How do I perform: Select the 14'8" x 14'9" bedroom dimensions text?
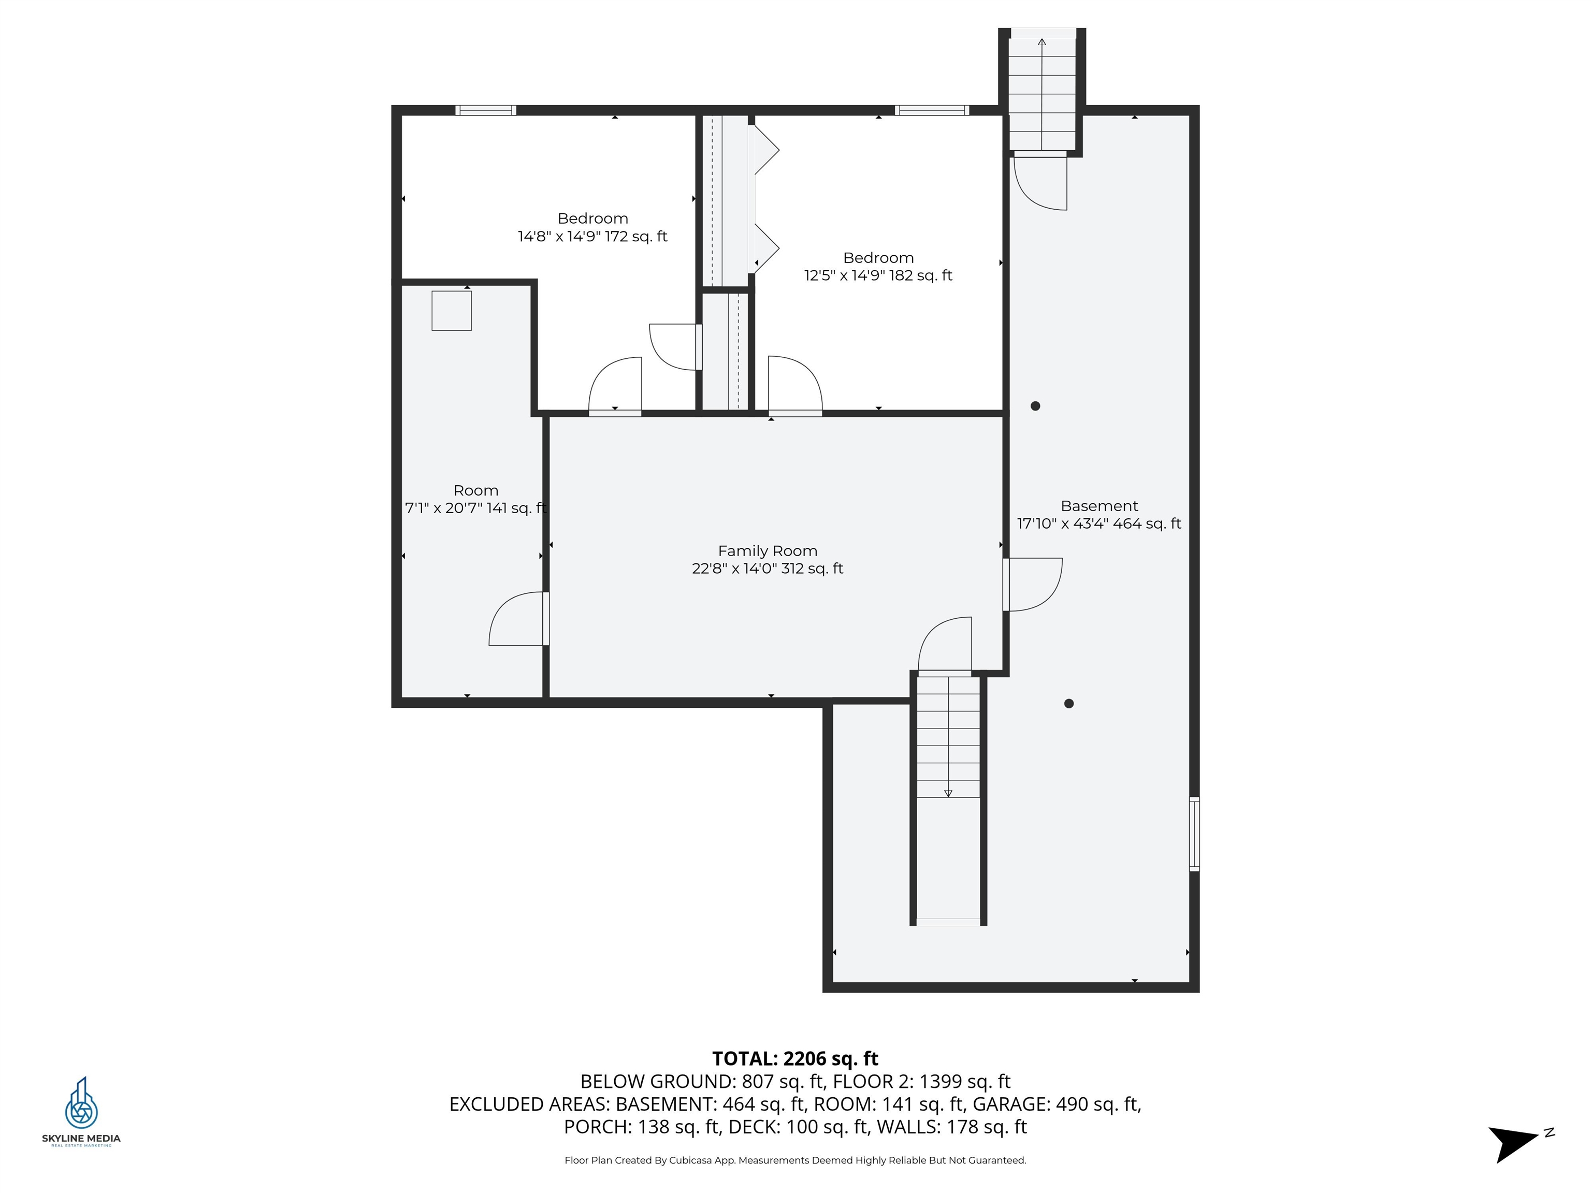[592, 236]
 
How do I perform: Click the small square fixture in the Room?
[451, 311]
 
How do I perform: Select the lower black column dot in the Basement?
[1069, 703]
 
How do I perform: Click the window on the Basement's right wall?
[1194, 834]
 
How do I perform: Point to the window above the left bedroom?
[485, 110]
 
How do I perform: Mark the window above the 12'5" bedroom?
[931, 110]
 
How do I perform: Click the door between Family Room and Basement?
[1032, 584]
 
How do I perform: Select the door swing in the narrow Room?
[518, 618]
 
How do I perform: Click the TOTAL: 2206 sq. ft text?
[795, 1058]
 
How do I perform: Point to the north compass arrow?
[1513, 1143]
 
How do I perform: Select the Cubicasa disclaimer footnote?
[795, 1160]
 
